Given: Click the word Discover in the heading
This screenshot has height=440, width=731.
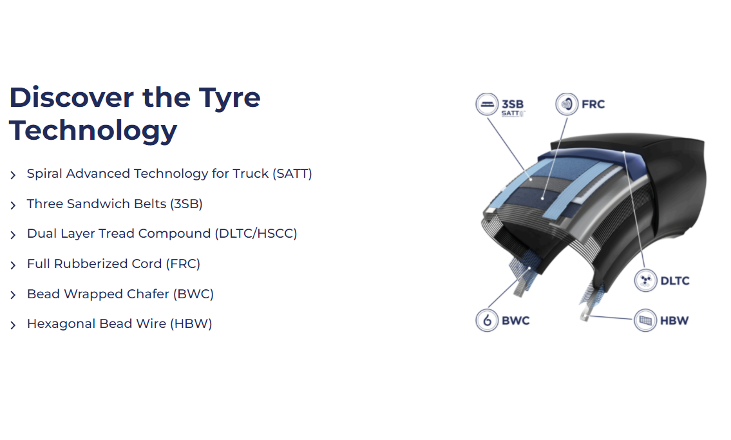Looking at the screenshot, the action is (x=71, y=97).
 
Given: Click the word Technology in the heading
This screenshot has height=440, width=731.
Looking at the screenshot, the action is (x=93, y=131).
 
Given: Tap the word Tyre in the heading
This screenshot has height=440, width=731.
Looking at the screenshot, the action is (x=230, y=99).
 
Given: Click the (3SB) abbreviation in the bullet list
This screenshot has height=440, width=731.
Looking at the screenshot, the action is (x=186, y=204).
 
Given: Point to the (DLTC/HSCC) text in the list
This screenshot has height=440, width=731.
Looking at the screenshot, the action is (x=256, y=233).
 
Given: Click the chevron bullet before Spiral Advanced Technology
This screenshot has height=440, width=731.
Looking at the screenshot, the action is (x=13, y=175).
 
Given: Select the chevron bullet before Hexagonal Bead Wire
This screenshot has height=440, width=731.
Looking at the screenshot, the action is (x=13, y=325).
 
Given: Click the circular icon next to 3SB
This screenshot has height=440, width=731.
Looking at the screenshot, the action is (x=487, y=104).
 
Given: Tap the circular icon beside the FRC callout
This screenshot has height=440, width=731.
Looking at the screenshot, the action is (x=567, y=104).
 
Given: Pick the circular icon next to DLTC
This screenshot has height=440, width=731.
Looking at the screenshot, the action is (x=646, y=281).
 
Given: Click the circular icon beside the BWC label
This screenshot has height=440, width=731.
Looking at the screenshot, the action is (x=487, y=320).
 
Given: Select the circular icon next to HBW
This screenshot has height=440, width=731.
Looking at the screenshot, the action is (x=646, y=320).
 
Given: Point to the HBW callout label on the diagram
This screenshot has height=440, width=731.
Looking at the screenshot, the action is (x=674, y=321).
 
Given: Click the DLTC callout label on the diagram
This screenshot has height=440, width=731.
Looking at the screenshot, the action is (x=674, y=281).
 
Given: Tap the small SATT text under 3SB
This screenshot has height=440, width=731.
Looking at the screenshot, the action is (x=512, y=113).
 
